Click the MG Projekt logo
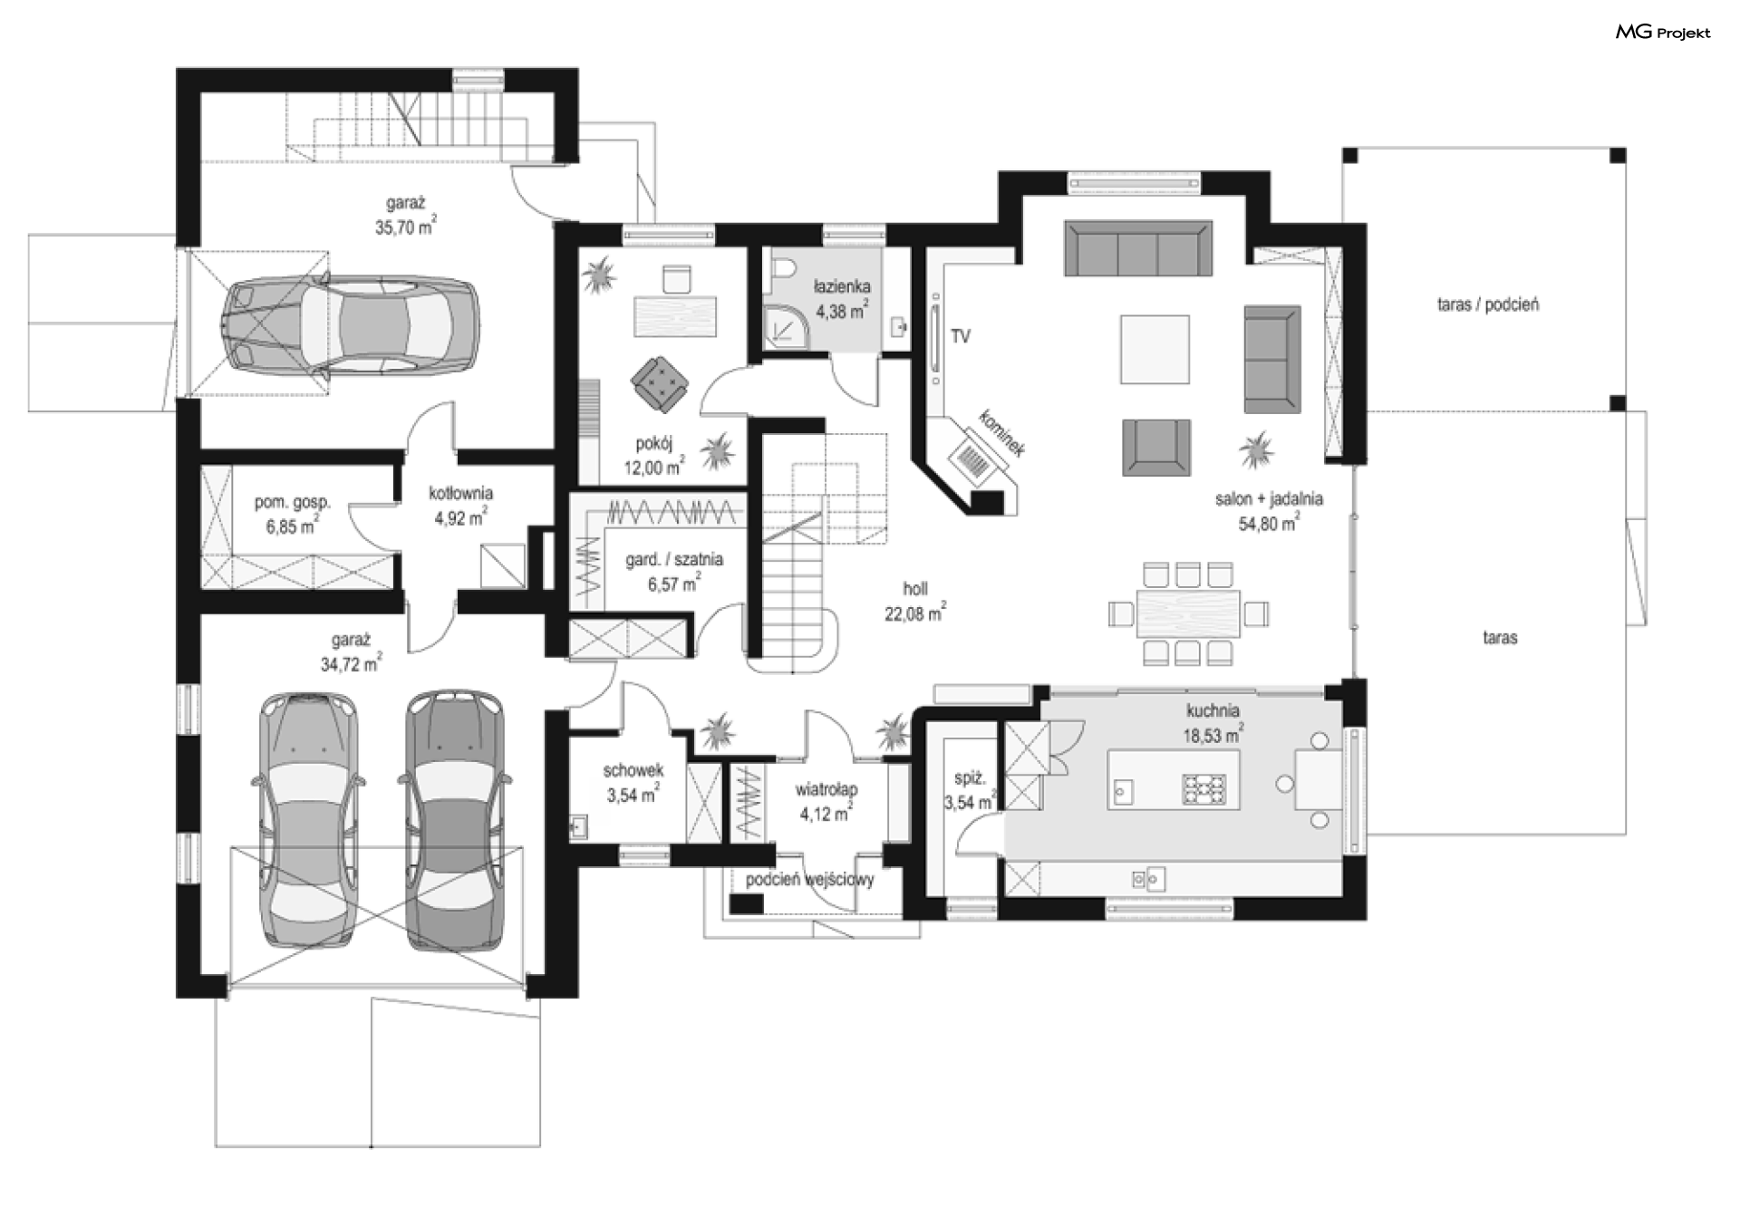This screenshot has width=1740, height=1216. click(x=1663, y=33)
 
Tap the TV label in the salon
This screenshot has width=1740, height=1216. click(x=961, y=337)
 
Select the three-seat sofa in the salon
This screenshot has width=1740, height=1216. click(x=1137, y=247)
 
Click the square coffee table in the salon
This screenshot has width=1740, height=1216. click(x=1155, y=349)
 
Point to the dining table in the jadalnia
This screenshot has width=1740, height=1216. click(x=1188, y=614)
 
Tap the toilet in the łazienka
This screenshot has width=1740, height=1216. click(x=784, y=268)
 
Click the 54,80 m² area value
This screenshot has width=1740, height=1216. click(x=1269, y=523)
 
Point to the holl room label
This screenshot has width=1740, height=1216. click(x=915, y=589)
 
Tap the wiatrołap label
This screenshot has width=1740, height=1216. click(x=826, y=789)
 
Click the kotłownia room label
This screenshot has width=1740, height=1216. click(x=460, y=494)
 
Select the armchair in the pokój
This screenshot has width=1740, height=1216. click(x=661, y=382)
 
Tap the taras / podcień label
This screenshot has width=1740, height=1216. click(x=1487, y=305)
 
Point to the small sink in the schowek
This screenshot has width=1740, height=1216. click(x=578, y=826)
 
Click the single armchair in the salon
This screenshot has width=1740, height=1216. click(x=1156, y=447)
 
